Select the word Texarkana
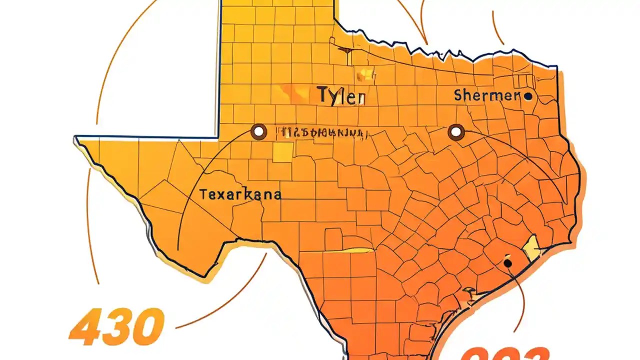[x=240, y=194]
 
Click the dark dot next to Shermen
[x=528, y=96]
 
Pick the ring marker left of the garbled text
[x=258, y=132]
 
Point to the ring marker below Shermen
[x=456, y=132]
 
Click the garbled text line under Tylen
[x=324, y=133]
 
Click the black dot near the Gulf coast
[x=507, y=262]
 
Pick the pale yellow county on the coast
[x=531, y=248]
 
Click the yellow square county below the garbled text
[x=283, y=152]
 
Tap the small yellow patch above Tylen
[x=366, y=74]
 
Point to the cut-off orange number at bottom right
[x=505, y=354]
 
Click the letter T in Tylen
[x=322, y=94]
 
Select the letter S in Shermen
[x=458, y=95]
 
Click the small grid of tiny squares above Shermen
[x=526, y=81]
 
